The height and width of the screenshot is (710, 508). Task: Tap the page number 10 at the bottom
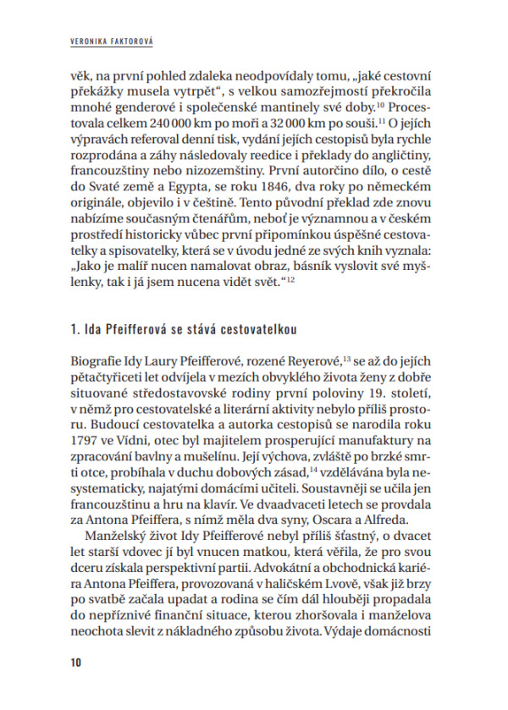76,662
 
